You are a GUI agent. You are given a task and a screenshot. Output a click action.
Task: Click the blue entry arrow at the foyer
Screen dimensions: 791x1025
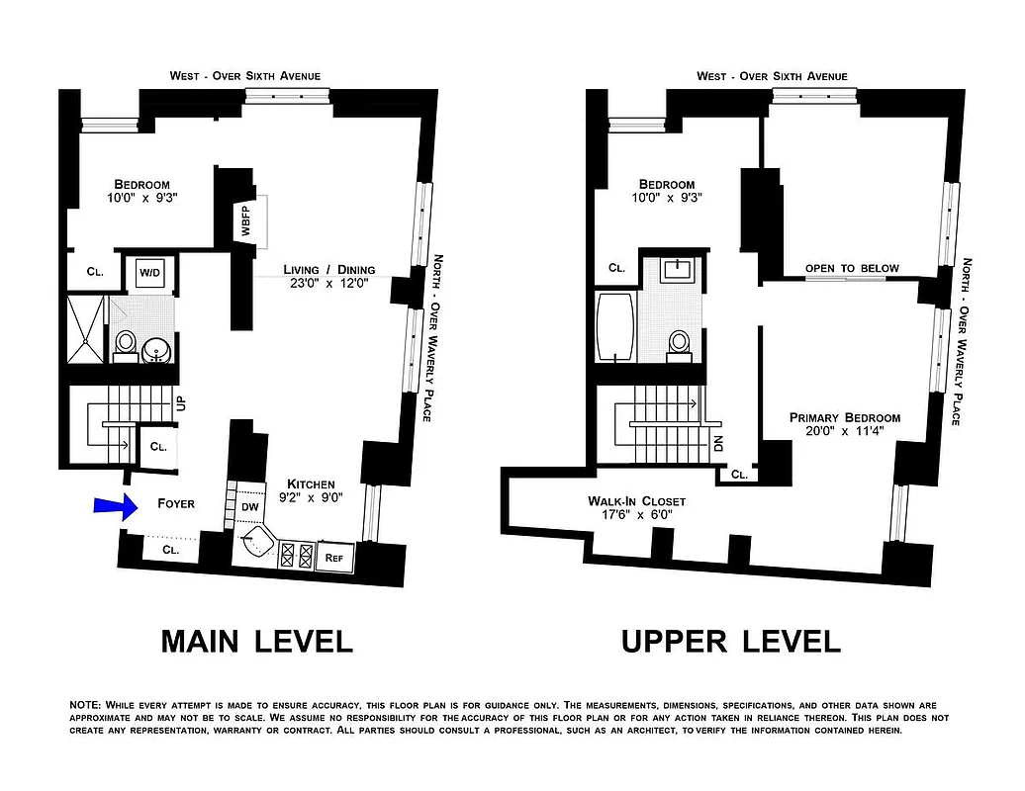[x=113, y=506]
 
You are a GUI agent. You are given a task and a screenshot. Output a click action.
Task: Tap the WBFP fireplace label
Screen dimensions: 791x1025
[x=244, y=220]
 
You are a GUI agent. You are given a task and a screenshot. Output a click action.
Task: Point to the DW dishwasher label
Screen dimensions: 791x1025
[x=250, y=506]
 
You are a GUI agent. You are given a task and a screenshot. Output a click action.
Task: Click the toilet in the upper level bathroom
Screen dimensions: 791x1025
[x=680, y=342]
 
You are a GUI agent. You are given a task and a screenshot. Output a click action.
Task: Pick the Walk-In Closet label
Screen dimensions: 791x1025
[x=636, y=507]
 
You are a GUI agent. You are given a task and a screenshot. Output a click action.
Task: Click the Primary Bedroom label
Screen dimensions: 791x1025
[x=844, y=424]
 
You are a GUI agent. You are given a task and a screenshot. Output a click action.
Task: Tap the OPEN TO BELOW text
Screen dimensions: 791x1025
[x=852, y=269]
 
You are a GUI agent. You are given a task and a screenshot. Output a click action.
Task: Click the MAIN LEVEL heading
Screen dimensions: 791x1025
[x=256, y=641]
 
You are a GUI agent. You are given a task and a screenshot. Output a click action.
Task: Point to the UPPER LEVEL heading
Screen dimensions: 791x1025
[x=730, y=641]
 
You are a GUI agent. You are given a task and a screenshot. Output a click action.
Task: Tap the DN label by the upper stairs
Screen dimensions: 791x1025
[x=719, y=442]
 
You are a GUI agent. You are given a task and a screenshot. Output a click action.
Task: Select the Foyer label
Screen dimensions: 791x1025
[x=176, y=504]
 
